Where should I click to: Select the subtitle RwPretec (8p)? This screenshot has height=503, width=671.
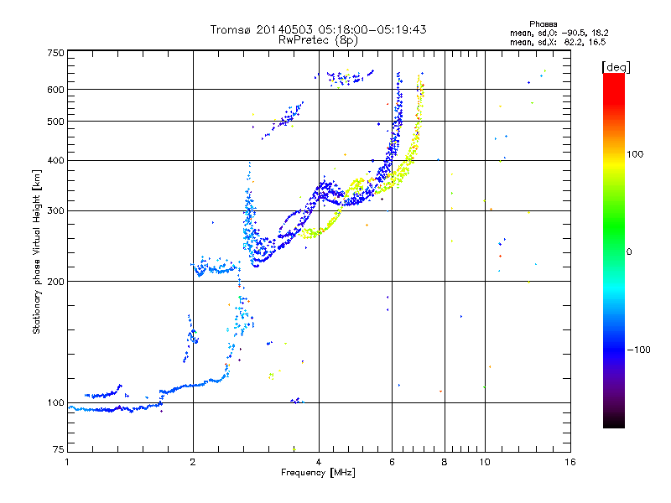click(318, 39)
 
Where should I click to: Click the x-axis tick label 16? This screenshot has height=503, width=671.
click(570, 462)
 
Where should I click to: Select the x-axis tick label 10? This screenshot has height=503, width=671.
click(484, 462)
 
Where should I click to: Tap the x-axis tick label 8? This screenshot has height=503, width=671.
click(445, 462)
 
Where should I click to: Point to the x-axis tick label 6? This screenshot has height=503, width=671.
click(392, 462)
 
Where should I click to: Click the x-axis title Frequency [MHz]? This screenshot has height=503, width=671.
click(318, 473)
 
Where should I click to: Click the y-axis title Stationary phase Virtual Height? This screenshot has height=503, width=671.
click(36, 251)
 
